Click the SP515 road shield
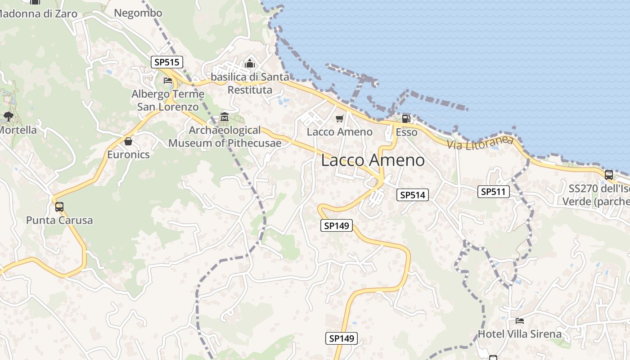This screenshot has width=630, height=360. pyautogui.click(x=166, y=63)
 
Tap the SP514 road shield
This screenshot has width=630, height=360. pyautogui.click(x=412, y=195)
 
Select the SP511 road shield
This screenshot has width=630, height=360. pyautogui.click(x=493, y=192)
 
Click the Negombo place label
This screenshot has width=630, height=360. pyautogui.click(x=138, y=13)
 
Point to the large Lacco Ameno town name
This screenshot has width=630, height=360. pyautogui.click(x=373, y=160)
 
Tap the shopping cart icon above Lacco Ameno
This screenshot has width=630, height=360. pyautogui.click(x=339, y=119)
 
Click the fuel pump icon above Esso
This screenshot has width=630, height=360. pyautogui.click(x=406, y=118)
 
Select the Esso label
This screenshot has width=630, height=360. pyautogui.click(x=406, y=132)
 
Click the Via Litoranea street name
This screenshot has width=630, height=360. pyautogui.click(x=480, y=143)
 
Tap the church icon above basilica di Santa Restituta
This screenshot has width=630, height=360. pyautogui.click(x=250, y=64)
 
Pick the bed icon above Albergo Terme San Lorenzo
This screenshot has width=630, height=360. pyautogui.click(x=168, y=81)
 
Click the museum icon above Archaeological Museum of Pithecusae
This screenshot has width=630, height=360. pyautogui.click(x=225, y=117)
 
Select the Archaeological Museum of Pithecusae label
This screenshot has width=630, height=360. pyautogui.click(x=225, y=137)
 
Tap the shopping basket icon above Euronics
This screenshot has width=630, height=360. pyautogui.click(x=128, y=141)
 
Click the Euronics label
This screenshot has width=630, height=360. pyautogui.click(x=128, y=155)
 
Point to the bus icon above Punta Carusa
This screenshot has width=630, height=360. pyautogui.click(x=59, y=207)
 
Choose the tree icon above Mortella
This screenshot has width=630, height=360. pyautogui.click(x=8, y=117)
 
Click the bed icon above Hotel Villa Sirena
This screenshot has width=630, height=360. pyautogui.click(x=519, y=321)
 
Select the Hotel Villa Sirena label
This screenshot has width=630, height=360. pyautogui.click(x=519, y=334)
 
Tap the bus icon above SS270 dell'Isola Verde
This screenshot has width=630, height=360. pyautogui.click(x=608, y=175)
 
